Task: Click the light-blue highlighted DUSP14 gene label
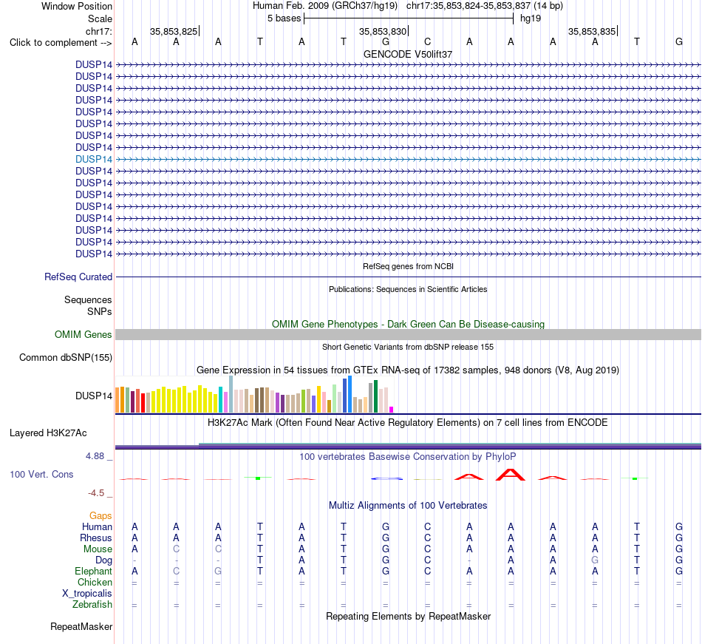[x=94, y=159]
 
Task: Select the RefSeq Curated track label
[x=78, y=277]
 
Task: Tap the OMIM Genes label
[x=84, y=334]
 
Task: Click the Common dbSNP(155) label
[x=66, y=357]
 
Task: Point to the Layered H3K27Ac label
[x=48, y=433]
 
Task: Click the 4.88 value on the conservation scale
[x=95, y=456]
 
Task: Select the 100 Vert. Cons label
[x=41, y=474]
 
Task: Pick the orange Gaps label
[x=100, y=516]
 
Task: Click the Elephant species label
[x=94, y=571]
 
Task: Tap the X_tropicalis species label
[x=87, y=594]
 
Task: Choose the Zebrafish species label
[x=92, y=605]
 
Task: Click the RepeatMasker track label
[x=81, y=626]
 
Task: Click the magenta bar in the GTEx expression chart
[x=392, y=410]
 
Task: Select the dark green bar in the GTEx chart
[x=376, y=396]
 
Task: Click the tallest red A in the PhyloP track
[x=511, y=475]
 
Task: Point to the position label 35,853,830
[x=383, y=31]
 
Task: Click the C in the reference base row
[x=428, y=41]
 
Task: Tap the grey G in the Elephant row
[x=218, y=571]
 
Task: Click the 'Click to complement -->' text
[x=61, y=43]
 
